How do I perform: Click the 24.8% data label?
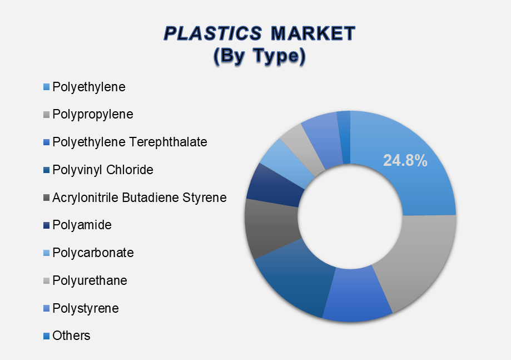coord(405,160)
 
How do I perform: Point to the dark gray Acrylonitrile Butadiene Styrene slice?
coord(271,228)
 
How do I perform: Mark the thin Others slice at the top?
coord(345,137)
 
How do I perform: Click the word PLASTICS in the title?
coord(213,33)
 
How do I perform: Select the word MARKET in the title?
coord(313,33)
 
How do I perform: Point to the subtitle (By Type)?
coord(260,56)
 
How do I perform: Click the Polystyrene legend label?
coord(86,308)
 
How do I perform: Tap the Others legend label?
coord(71,336)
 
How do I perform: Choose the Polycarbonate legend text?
coord(93,253)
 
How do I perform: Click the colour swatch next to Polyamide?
coord(46,225)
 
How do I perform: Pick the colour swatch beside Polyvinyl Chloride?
coord(46,170)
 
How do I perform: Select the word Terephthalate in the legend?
coord(168,142)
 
